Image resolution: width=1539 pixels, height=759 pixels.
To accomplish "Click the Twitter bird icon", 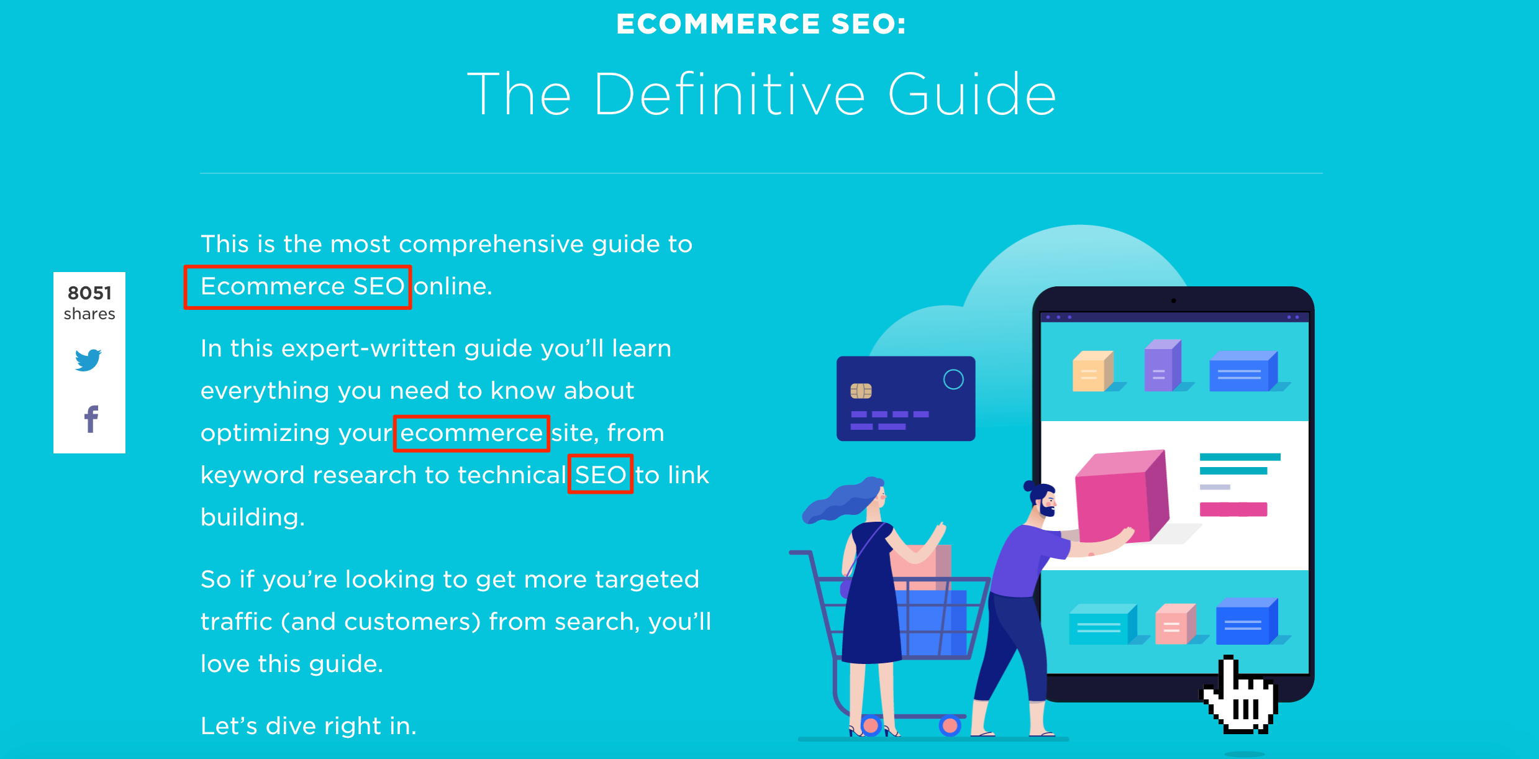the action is [x=88, y=360].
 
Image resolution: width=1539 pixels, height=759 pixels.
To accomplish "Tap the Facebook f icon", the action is [x=91, y=419].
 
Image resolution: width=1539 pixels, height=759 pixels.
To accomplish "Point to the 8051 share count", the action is [x=89, y=293].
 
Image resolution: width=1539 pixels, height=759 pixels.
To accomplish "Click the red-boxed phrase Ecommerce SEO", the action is [x=302, y=286].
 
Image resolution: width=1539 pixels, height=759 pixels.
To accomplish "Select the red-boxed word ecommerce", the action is [x=472, y=433].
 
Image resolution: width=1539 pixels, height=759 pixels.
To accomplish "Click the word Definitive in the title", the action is [x=730, y=94].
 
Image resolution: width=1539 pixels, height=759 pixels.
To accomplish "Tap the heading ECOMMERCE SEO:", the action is [x=761, y=24].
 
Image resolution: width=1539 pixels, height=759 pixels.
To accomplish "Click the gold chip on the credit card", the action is [x=861, y=391].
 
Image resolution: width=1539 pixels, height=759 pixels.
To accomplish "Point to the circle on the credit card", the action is [x=953, y=379].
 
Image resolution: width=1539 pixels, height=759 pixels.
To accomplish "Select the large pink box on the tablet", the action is [x=1122, y=497].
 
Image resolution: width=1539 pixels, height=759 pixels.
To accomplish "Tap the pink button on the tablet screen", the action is [x=1233, y=509].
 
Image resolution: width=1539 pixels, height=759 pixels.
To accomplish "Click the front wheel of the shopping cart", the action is [x=950, y=725].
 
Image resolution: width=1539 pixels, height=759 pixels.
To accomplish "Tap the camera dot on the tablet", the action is [x=1173, y=301].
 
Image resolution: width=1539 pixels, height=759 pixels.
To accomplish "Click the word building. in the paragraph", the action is [x=253, y=517].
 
